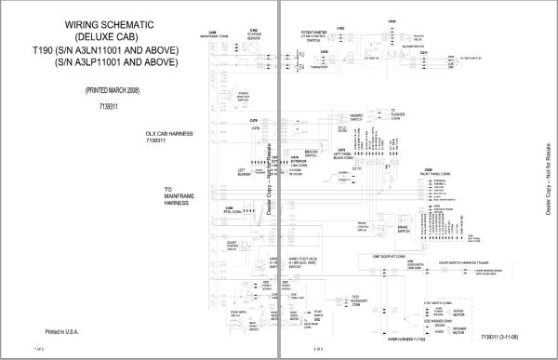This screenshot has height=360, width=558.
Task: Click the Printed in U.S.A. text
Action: pos(67,330)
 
